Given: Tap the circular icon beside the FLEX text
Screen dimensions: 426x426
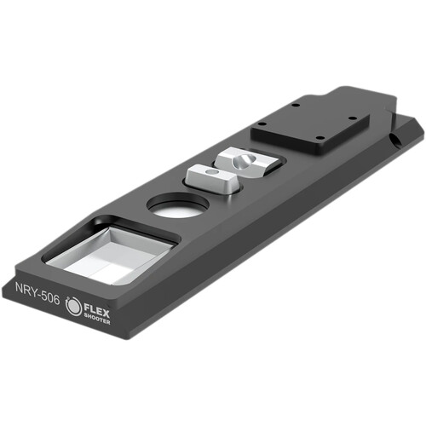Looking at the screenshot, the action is [74, 306].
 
